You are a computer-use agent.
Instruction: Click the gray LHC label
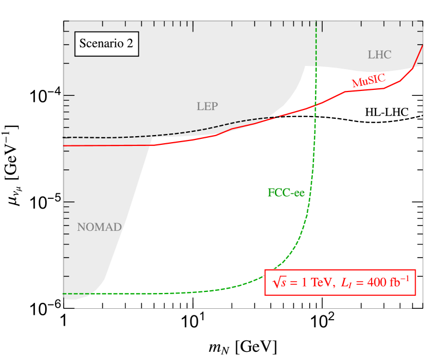(x=379, y=54)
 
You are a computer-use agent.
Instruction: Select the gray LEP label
(x=207, y=107)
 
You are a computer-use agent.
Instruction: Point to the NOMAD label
(x=99, y=227)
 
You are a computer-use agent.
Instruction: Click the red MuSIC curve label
(x=368, y=80)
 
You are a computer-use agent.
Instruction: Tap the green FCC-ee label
(x=286, y=193)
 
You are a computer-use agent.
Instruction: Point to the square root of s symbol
(x=279, y=283)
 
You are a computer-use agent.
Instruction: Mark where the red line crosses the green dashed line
(x=315, y=104)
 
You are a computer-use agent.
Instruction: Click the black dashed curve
(x=163, y=135)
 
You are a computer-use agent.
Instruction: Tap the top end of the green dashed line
(x=316, y=22)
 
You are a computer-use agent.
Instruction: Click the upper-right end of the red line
(x=423, y=46)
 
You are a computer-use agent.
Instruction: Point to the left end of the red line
(x=64, y=146)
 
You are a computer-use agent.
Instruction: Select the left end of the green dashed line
(x=64, y=294)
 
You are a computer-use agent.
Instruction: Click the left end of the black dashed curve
(x=64, y=137)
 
